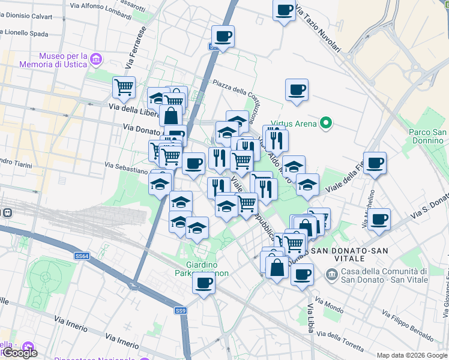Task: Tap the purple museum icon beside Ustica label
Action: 96,59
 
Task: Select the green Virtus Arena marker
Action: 326,124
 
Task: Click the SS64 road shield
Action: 82,256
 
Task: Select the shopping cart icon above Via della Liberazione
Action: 124,87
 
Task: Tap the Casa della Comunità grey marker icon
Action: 331,274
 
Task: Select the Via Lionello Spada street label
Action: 31,32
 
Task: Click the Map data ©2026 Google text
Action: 412,355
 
